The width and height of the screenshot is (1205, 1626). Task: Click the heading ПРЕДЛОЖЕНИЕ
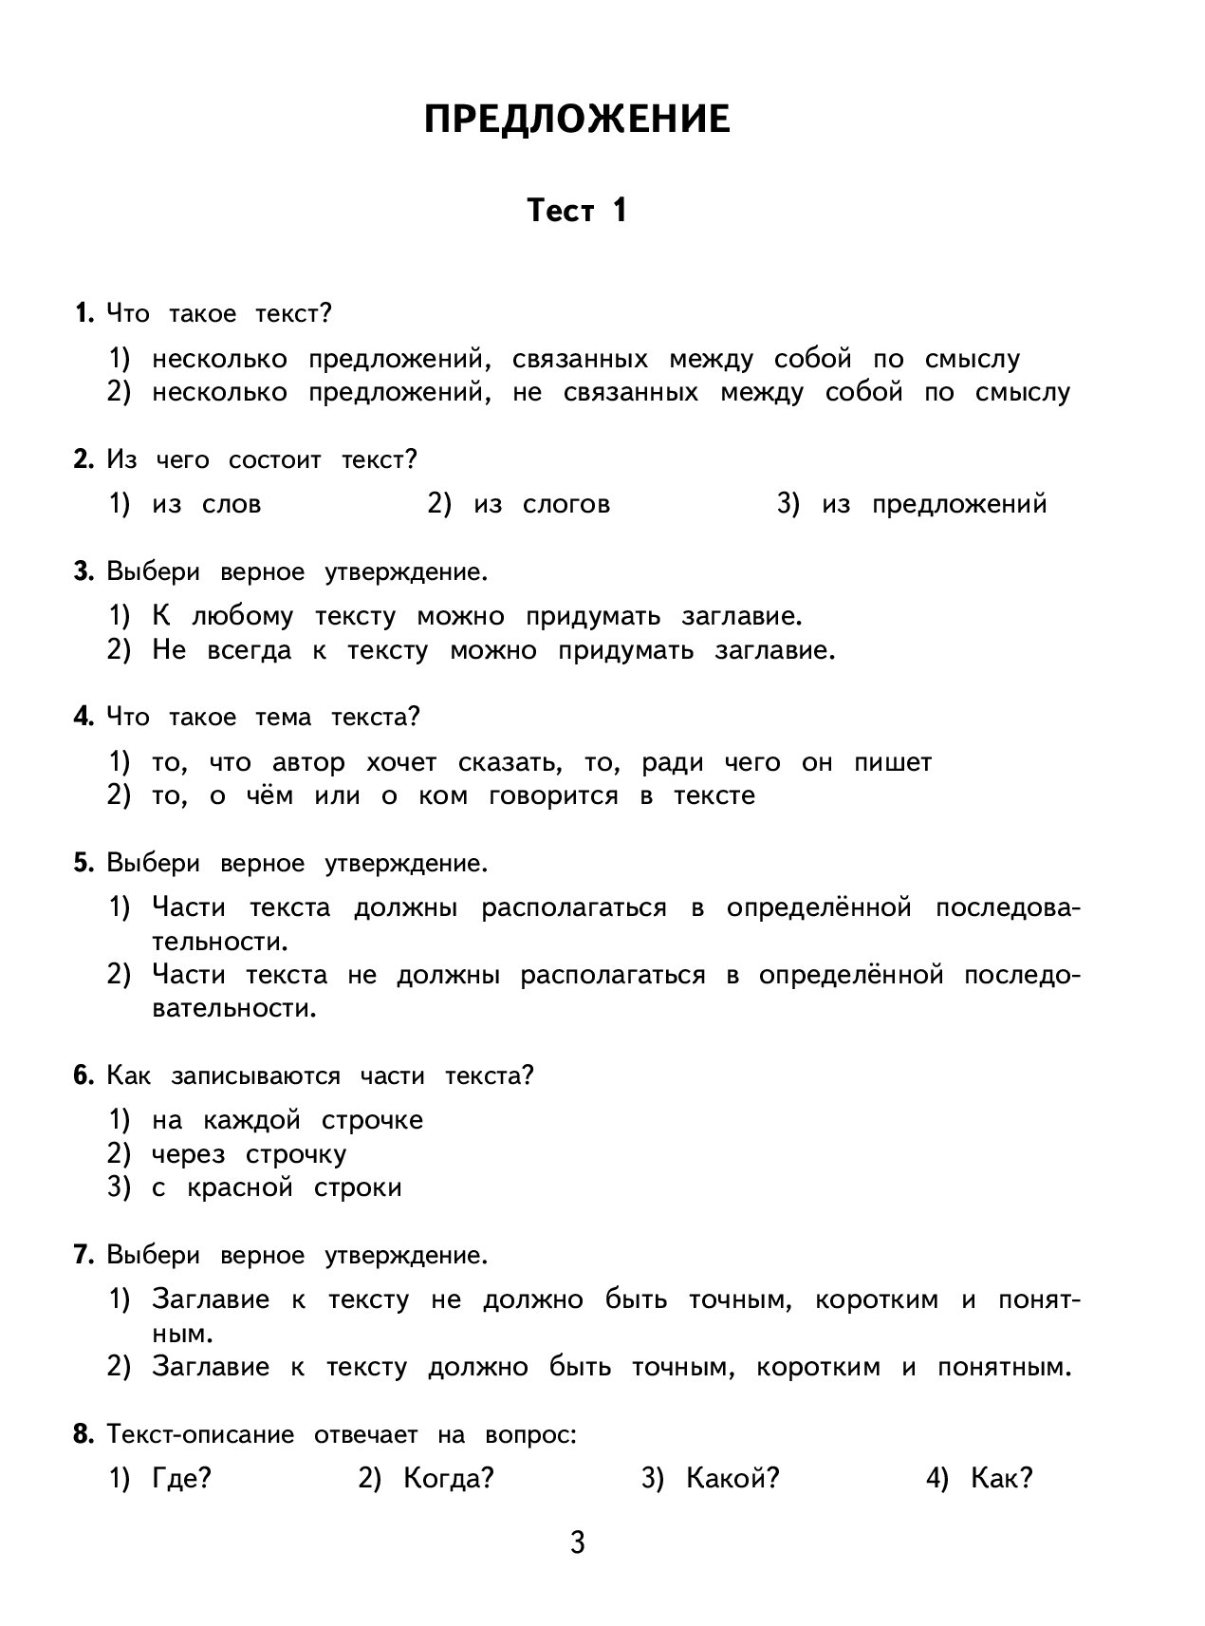[577, 121]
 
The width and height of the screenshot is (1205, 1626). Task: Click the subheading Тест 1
[577, 210]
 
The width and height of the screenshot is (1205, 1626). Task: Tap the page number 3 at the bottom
[577, 1542]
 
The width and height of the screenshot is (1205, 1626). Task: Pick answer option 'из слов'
[206, 504]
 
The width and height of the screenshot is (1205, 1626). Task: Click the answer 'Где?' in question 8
[181, 1478]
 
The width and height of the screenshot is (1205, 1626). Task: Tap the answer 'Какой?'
[732, 1478]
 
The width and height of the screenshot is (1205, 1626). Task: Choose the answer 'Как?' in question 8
[1001, 1478]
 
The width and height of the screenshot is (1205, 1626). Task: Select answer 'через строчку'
[249, 1154]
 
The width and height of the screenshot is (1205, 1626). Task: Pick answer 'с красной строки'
[276, 1187]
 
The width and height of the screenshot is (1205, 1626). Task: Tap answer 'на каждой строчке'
[287, 1120]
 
